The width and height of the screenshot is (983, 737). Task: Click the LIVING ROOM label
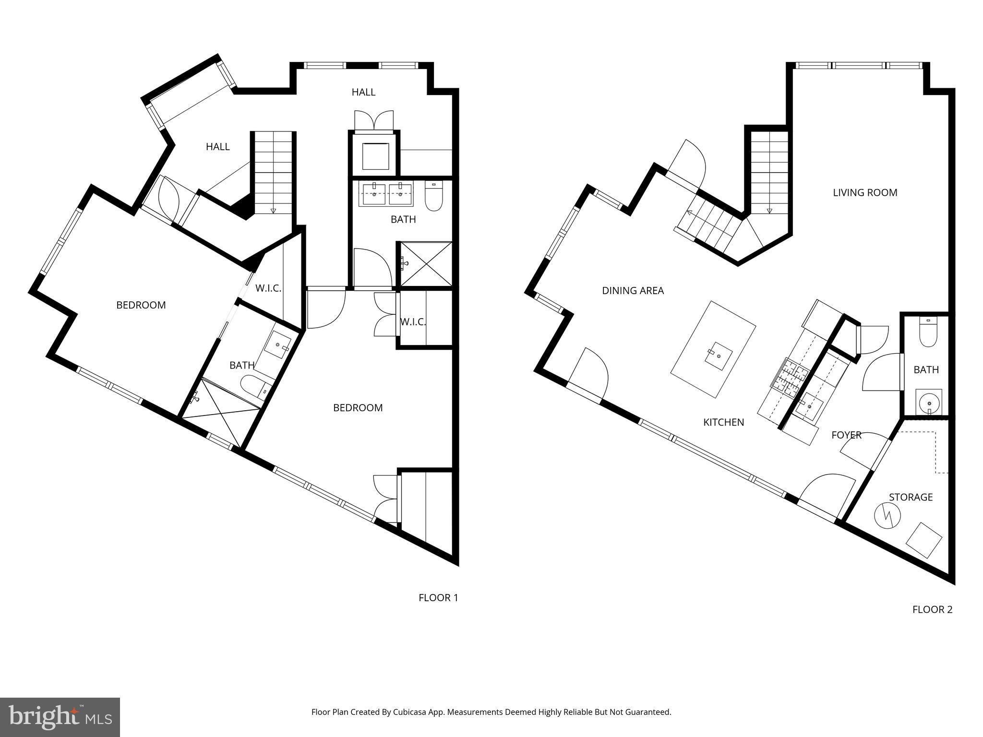[x=865, y=193]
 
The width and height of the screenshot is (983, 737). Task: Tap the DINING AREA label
[x=633, y=291]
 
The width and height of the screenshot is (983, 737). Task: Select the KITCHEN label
[x=723, y=422]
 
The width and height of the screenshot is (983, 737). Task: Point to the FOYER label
[x=846, y=435]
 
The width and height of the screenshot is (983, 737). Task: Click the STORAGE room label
[x=911, y=497]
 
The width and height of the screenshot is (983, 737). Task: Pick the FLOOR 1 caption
[x=438, y=598]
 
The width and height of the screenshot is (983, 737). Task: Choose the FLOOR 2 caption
[x=932, y=610]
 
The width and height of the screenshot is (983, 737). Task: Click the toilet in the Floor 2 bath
[x=928, y=333]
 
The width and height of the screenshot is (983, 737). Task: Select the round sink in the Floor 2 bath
[x=929, y=401]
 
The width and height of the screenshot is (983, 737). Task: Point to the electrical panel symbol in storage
[x=887, y=516]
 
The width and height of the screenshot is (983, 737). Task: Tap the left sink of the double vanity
[x=374, y=194]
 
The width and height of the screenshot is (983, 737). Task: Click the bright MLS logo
[x=60, y=717]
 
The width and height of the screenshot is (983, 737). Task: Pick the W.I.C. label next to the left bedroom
[x=268, y=288]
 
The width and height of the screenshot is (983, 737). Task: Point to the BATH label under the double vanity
[x=403, y=220]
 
